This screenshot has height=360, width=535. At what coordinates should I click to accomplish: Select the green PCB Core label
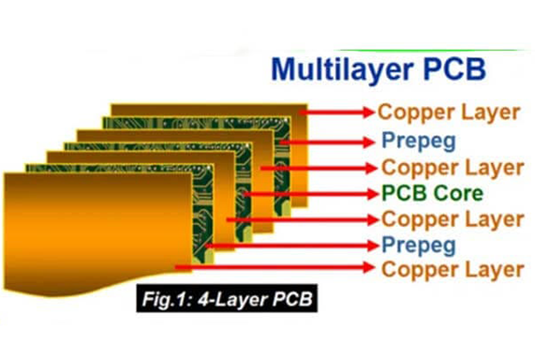432,194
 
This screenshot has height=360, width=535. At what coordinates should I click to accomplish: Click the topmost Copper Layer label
448,112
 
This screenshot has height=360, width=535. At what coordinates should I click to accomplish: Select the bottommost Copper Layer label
448,270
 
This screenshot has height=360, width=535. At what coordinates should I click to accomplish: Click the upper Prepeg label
418,142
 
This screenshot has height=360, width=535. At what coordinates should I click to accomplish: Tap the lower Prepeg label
418,246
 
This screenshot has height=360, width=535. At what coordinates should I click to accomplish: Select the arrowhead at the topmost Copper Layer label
368,112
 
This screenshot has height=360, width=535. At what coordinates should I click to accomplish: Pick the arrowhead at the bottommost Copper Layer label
368,269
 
